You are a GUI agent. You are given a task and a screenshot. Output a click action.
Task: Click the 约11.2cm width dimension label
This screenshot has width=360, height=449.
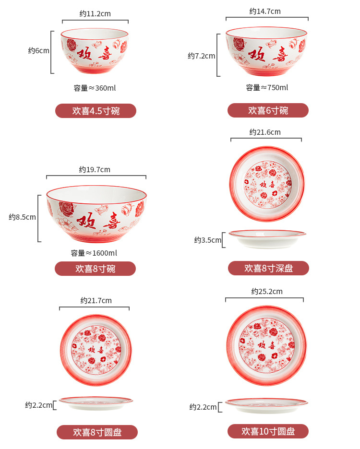pos(95,13)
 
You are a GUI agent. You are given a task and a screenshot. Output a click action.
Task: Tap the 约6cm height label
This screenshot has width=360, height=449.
pos(38,51)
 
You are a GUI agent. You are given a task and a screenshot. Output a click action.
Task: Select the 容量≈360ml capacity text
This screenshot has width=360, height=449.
pos(95,88)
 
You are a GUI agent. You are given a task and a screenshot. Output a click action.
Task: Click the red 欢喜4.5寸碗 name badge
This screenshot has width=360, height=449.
pos(96,111)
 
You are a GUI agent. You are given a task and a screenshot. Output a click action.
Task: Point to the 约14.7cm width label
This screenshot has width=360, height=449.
pos(265,11)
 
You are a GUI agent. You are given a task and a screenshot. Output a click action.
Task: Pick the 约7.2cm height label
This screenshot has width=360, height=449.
pos(201,56)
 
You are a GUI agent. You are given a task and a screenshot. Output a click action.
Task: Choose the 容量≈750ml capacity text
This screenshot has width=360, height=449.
pos(267,87)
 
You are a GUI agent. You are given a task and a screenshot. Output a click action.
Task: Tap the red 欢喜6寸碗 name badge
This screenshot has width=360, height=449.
pos(268,110)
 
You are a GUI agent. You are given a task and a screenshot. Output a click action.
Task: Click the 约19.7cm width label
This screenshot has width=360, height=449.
pos(95,169)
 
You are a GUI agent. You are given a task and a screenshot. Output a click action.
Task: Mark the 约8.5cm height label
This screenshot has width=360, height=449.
pos(22,217)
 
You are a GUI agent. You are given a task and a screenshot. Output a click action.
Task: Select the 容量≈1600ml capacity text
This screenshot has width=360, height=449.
pos(94,253)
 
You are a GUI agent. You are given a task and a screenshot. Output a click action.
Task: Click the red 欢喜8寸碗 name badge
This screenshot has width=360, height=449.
pos(95,269)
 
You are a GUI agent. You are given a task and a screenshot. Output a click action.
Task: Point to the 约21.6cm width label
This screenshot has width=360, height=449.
pos(265,132)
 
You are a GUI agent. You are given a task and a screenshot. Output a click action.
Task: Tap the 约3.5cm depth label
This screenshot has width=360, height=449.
pos(208,240)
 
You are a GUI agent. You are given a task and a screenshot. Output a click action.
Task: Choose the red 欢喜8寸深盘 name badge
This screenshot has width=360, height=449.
pos(268,268)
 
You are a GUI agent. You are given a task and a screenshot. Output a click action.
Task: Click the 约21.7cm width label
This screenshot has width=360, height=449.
pos(96,300)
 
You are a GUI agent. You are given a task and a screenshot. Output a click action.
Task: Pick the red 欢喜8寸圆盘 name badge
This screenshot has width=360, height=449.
pos(97,432)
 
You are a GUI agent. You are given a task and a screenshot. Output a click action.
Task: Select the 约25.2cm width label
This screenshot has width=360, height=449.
pos(267,291)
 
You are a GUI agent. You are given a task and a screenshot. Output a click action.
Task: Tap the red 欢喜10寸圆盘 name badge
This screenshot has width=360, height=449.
pos(268,431)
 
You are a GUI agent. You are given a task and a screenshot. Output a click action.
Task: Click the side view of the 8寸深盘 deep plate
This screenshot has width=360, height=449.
pos(267,238)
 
